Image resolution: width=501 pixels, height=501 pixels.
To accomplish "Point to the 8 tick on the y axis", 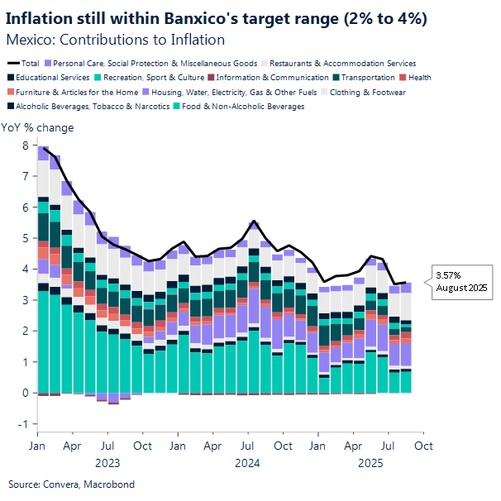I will click(25, 146).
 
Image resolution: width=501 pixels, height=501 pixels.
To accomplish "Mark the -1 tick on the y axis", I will click(23, 424).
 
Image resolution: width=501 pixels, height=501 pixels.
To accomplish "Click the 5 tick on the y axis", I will click(25, 238).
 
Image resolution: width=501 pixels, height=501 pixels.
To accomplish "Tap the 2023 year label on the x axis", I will click(107, 464).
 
